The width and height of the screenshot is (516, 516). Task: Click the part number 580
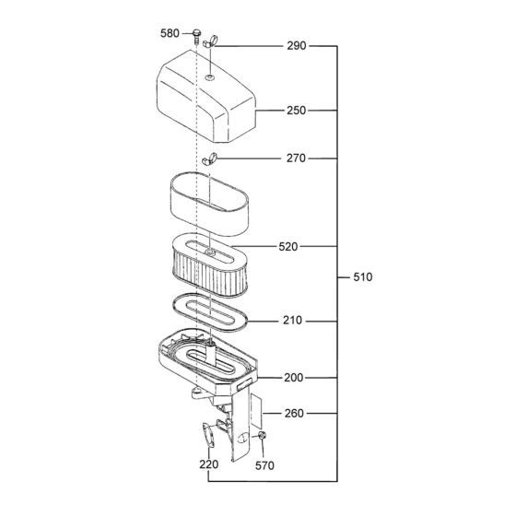point(170,34)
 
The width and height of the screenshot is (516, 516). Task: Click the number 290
point(296,44)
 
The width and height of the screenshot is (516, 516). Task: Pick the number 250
point(296,111)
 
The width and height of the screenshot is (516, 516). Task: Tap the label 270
point(296,158)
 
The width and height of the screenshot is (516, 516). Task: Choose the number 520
point(289,247)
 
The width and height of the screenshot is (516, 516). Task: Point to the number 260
point(294,414)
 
